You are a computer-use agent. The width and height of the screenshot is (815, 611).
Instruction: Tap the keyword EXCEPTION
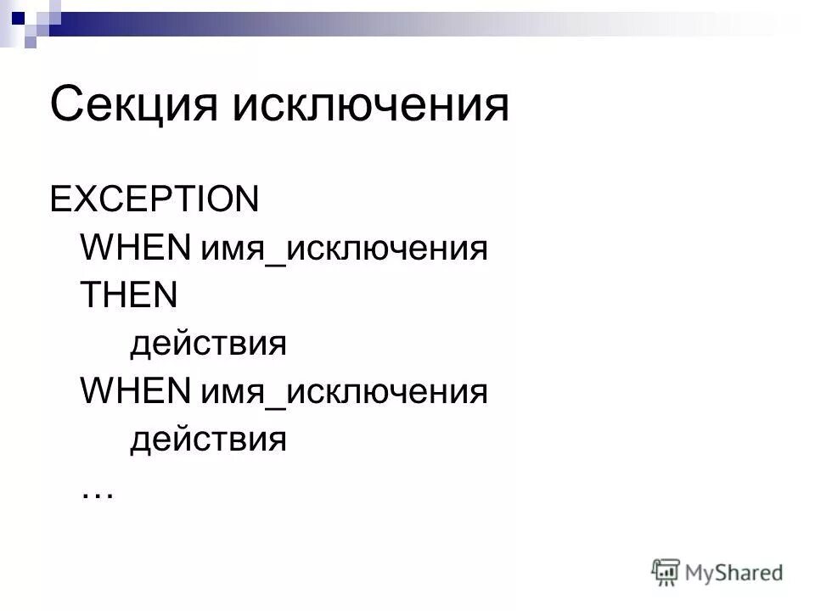pos(155,200)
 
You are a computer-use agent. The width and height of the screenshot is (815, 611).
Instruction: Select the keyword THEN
pos(128,296)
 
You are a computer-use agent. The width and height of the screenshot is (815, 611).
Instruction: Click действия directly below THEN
pos(208,345)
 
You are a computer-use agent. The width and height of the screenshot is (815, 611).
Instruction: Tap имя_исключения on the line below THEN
pos(344,394)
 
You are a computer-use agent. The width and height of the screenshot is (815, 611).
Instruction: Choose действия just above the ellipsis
pos(208,441)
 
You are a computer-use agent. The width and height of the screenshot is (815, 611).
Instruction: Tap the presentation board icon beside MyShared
pos(666,572)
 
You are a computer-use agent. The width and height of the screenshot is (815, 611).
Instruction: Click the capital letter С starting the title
pos(65,105)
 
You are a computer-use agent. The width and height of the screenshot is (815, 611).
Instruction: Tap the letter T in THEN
pos(90,296)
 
